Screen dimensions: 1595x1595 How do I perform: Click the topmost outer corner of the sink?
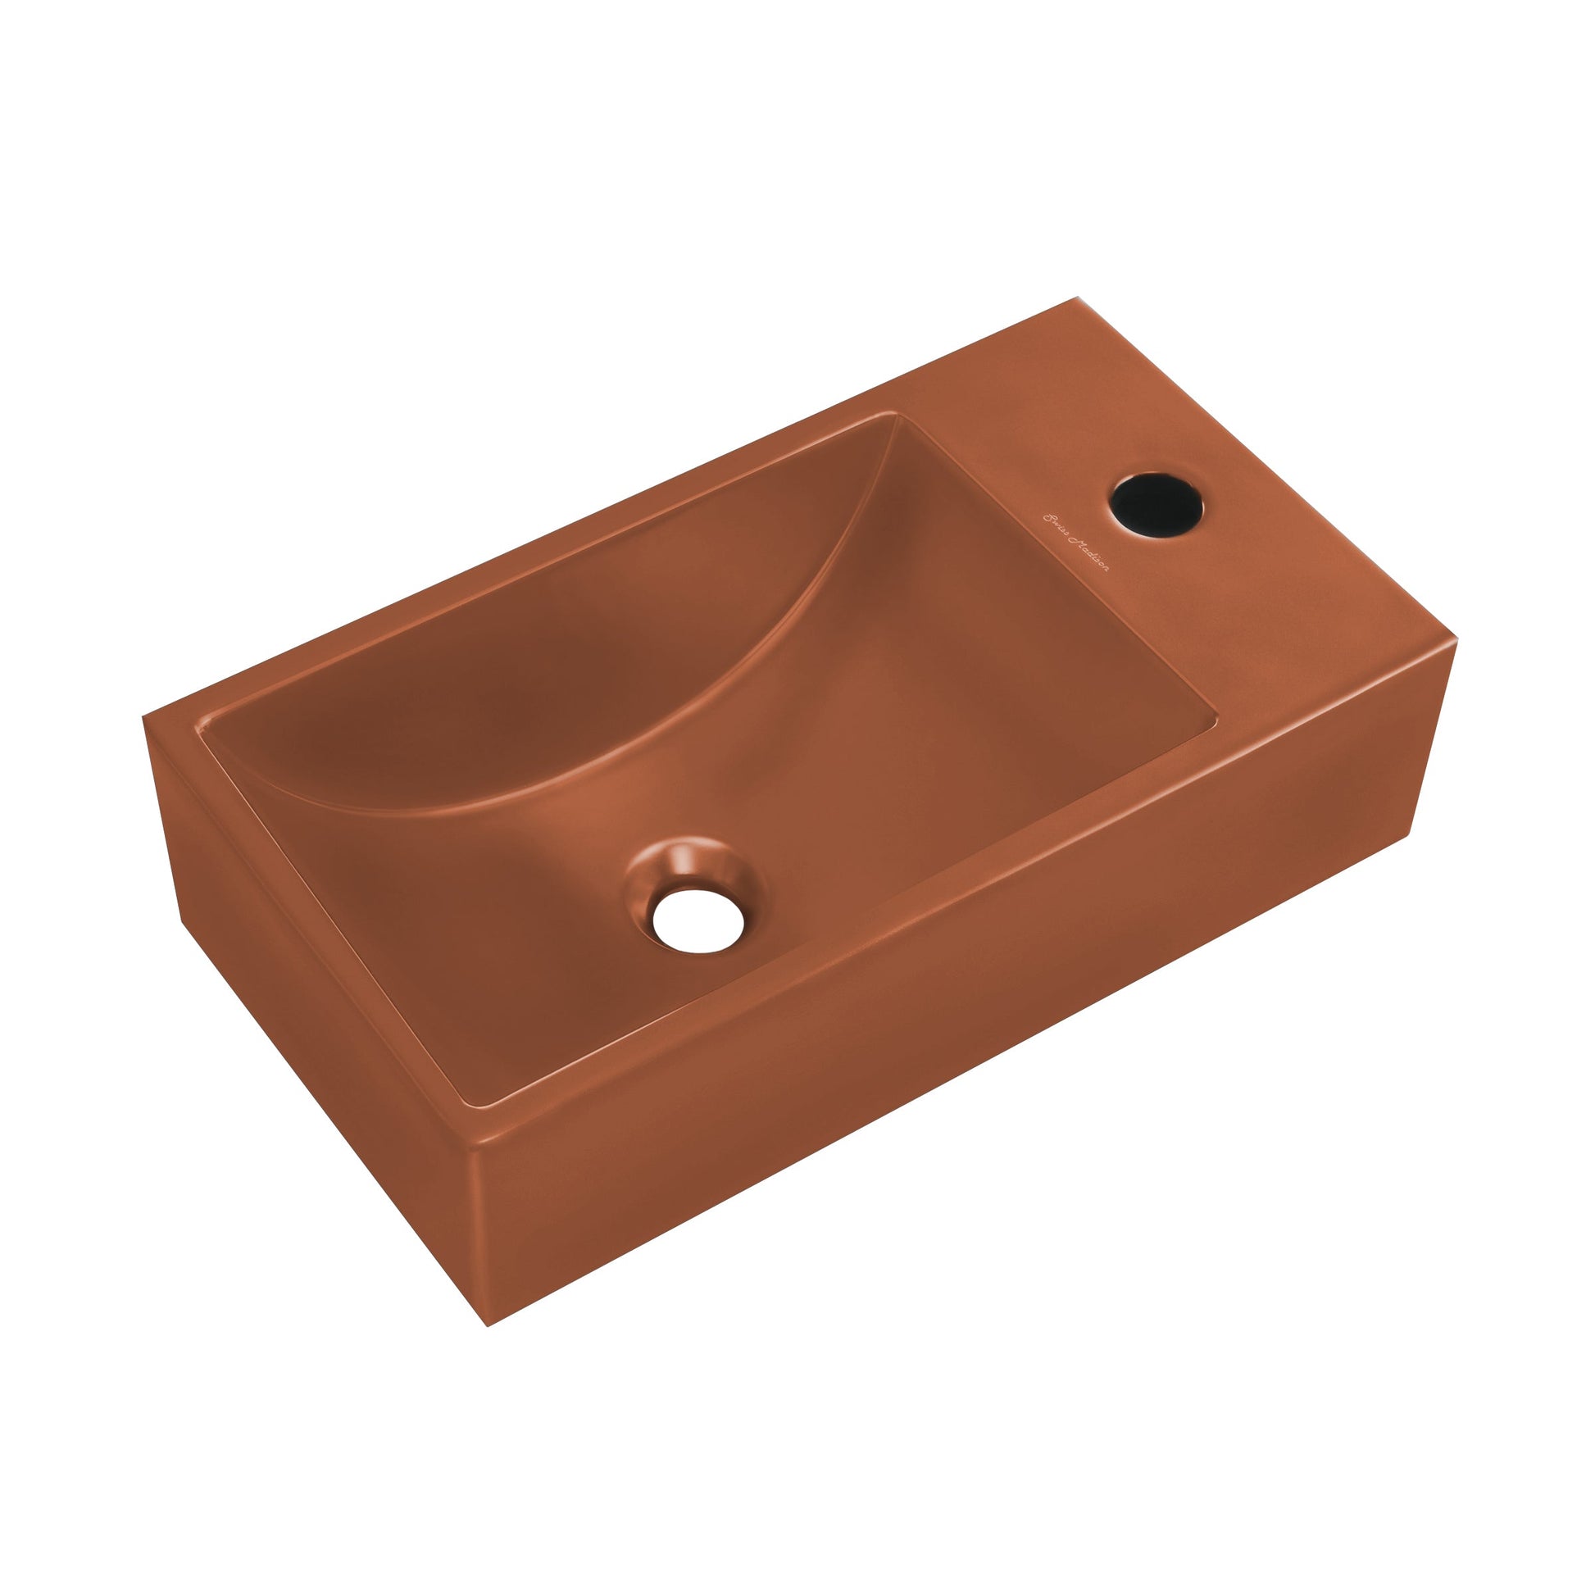click(x=1077, y=299)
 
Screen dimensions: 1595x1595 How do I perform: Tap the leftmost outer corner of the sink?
click(x=143, y=716)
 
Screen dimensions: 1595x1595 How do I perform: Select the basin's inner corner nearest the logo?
click(x=1216, y=726)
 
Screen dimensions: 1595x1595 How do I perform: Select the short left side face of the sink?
click(x=314, y=1016)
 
